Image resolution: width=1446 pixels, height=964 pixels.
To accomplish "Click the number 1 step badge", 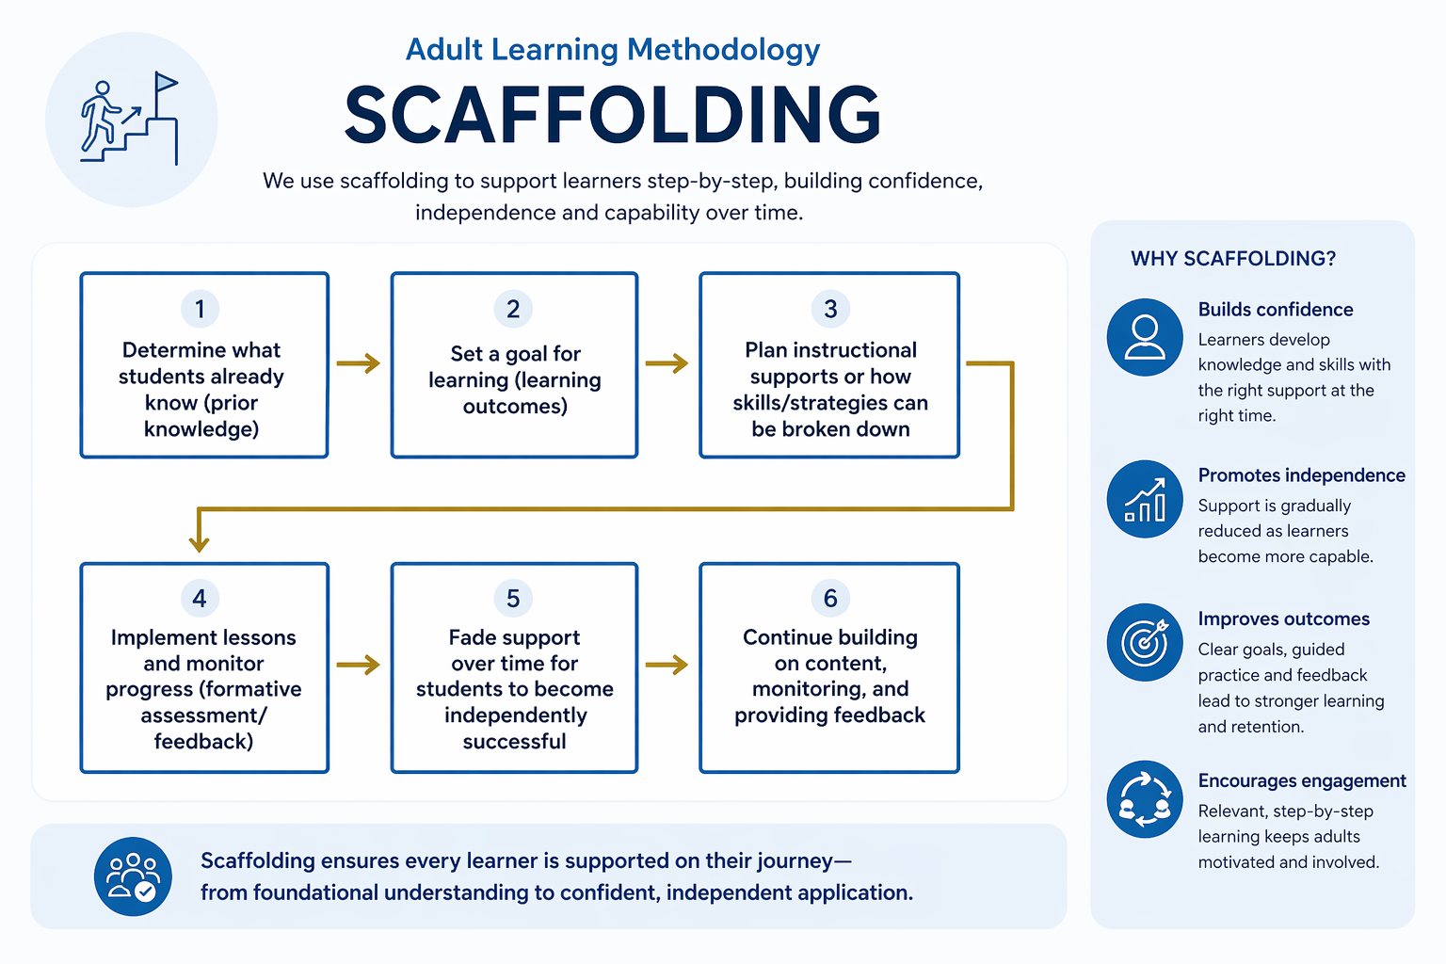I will (x=200, y=309).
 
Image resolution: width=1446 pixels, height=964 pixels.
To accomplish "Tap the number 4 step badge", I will (x=200, y=598).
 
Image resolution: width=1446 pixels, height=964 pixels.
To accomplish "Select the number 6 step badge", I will (x=830, y=598).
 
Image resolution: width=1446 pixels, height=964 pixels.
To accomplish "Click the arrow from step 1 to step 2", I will (x=359, y=363).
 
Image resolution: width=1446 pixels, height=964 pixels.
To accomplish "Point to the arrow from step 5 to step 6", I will (x=667, y=666).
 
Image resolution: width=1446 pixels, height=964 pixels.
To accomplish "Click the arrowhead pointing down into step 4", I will (x=199, y=542).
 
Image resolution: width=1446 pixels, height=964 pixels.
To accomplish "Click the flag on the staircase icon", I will (x=166, y=83).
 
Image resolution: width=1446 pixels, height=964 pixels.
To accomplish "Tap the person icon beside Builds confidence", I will (x=1145, y=337).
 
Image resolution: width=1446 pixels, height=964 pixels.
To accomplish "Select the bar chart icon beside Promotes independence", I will (x=1145, y=499).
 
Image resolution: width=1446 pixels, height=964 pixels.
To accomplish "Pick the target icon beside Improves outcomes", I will (x=1145, y=642).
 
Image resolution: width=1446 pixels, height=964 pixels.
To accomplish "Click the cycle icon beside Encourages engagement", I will (x=1145, y=799).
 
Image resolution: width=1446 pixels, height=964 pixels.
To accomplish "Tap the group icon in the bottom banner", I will (x=133, y=876).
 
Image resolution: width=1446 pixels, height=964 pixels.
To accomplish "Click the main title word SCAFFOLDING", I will (x=613, y=115).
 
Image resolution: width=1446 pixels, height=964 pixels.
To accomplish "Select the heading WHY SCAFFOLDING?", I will (x=1233, y=259).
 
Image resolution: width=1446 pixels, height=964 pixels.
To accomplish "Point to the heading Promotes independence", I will (x=1301, y=475).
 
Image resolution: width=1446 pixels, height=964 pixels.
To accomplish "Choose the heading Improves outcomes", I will (x=1283, y=619).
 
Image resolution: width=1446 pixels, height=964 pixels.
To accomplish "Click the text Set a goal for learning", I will (x=515, y=367).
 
